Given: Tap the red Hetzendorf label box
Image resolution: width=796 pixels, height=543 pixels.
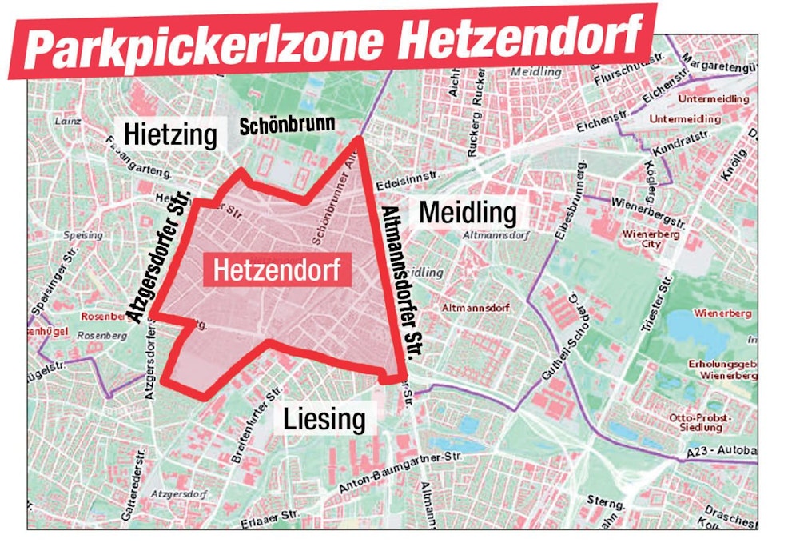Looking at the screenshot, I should tap(277, 270).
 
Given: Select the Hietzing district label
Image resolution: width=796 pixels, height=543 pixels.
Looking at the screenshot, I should tap(170, 135).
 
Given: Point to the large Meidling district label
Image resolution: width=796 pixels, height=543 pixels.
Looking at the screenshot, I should tap(468, 213).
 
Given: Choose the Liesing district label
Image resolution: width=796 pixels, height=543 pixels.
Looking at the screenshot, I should tap(325, 418).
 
